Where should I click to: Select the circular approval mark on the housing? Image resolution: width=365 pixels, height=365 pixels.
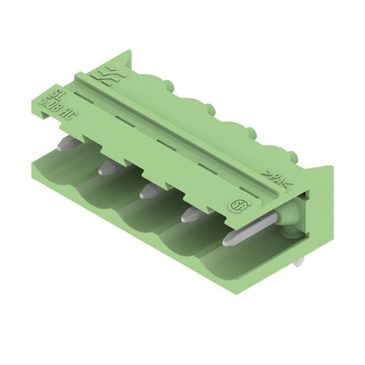236,205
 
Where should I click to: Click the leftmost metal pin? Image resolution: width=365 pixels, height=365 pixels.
67,142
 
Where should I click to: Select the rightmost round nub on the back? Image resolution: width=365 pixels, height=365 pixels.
250,132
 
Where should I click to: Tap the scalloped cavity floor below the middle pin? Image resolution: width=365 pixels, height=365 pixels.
145,215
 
